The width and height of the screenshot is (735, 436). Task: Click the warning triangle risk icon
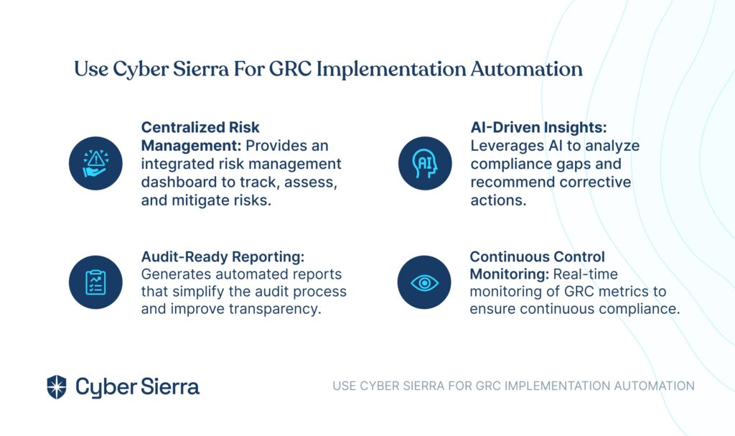coord(95,163)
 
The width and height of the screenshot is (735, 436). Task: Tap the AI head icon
coord(425,163)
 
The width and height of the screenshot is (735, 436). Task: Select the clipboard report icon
coord(95,282)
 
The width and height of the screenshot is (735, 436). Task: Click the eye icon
coord(424,282)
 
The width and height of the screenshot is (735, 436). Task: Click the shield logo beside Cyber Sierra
coord(57,386)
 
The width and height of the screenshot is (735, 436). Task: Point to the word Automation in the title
coord(526,69)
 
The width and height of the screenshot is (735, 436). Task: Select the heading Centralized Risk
coord(200,127)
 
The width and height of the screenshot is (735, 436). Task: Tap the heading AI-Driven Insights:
coord(538,127)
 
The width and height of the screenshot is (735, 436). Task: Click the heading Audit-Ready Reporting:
coord(223,256)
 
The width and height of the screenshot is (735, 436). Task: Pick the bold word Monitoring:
coord(509,274)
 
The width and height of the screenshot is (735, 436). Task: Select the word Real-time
coord(586,274)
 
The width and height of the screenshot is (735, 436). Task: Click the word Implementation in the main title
coord(391,70)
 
